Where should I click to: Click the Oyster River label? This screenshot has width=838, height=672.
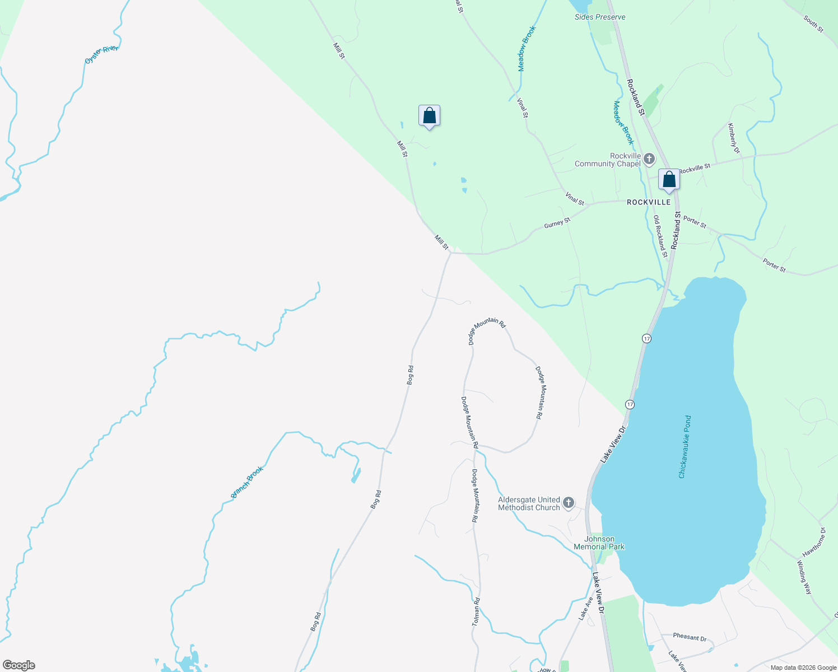pyautogui.click(x=101, y=55)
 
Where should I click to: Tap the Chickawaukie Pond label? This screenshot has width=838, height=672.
pyautogui.click(x=685, y=446)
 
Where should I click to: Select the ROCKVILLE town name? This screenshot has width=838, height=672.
pyautogui.click(x=649, y=202)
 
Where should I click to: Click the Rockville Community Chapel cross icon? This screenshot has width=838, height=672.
pyautogui.click(x=649, y=160)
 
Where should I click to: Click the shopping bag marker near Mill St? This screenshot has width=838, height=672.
pyautogui.click(x=429, y=116)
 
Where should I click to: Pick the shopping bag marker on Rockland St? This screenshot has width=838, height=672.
pyautogui.click(x=669, y=180)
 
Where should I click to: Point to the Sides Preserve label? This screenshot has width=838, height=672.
pyautogui.click(x=600, y=17)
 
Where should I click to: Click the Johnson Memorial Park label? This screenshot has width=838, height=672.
pyautogui.click(x=599, y=543)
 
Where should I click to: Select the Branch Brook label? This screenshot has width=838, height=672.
pyautogui.click(x=247, y=482)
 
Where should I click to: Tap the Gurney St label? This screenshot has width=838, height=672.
pyautogui.click(x=557, y=223)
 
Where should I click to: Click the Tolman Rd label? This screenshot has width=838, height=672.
pyautogui.click(x=476, y=612)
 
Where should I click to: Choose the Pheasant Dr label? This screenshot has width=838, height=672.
pyautogui.click(x=690, y=637)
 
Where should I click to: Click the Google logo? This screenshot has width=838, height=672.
pyautogui.click(x=19, y=665)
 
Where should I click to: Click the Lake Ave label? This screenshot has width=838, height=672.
pyautogui.click(x=585, y=608)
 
